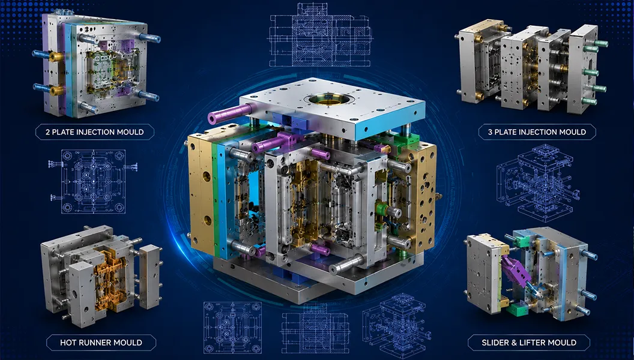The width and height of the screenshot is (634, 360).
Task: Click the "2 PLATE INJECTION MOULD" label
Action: pos(95,132)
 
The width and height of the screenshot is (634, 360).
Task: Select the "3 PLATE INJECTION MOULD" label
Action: pos(537,132)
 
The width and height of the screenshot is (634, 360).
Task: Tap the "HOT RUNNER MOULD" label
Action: pos(101,343)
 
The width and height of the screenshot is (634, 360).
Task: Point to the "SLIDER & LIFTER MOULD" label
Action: pos(529,343)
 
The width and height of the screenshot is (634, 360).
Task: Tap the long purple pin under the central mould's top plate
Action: pos(231,113)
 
